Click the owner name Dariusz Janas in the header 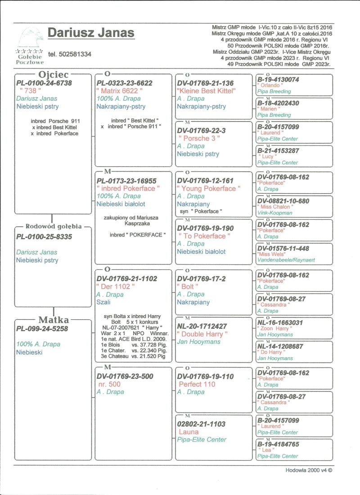[91, 33]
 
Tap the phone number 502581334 [70, 54]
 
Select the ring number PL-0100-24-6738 [44, 83]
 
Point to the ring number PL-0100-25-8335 [44, 236]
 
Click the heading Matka [54, 320]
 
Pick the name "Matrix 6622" [119, 91]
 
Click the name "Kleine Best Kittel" [206, 91]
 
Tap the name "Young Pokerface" [208, 188]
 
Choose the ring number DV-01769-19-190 [205, 228]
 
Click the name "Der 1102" [115, 286]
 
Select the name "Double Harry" [202, 334]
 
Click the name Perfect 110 [197, 384]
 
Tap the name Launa [189, 431]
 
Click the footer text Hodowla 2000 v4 [308, 469]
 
